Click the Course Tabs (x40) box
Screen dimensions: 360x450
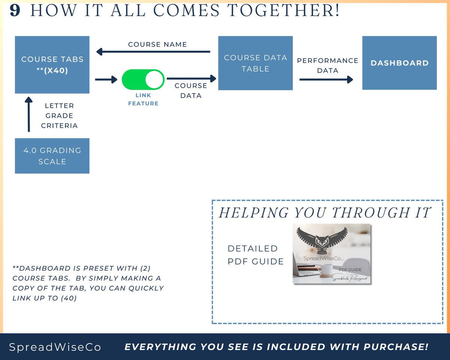click(52, 64)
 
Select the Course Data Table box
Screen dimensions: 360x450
click(255, 63)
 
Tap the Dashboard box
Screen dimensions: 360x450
click(399, 63)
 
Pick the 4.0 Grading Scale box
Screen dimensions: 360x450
click(52, 156)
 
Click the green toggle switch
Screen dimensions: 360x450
click(143, 79)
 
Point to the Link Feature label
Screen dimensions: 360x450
click(143, 99)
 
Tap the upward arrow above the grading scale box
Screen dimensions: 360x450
click(28, 114)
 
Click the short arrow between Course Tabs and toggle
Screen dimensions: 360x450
click(106, 79)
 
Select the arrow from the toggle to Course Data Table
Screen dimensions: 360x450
click(191, 78)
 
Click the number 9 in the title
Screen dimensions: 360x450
click(15, 11)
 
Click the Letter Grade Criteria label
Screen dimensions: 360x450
click(59, 115)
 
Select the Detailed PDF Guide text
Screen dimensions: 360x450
click(255, 255)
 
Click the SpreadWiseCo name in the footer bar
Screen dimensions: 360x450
click(55, 347)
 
